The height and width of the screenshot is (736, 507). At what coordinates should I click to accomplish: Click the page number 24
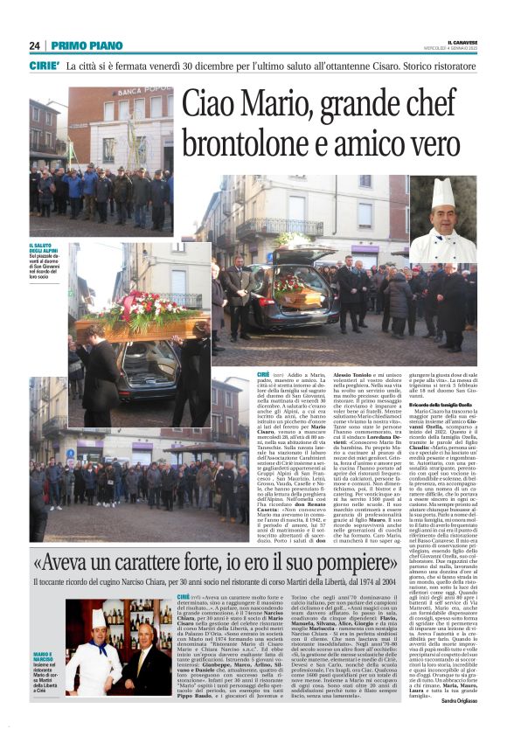click(35, 45)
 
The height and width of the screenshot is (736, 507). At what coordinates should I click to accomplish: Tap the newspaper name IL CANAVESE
click(462, 42)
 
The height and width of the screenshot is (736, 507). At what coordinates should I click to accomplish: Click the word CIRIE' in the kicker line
click(45, 66)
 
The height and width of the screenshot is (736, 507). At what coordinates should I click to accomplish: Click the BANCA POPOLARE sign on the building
click(144, 92)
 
